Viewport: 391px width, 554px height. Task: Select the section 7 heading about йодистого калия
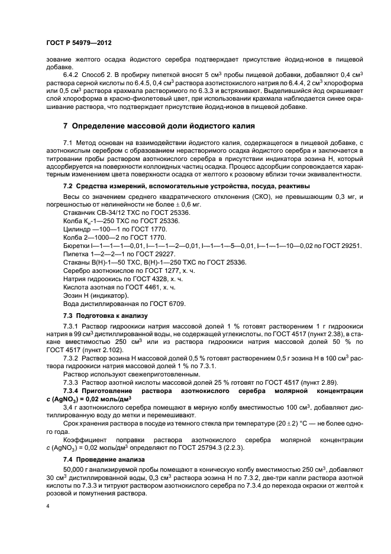click(x=159, y=126)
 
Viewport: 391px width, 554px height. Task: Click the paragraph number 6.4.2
click(x=72, y=74)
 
